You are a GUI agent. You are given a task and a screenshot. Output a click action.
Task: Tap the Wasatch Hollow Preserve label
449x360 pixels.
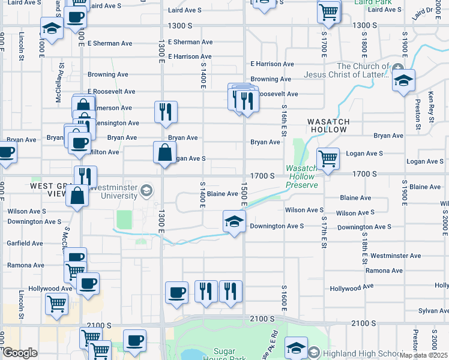pyautogui.click(x=301, y=177)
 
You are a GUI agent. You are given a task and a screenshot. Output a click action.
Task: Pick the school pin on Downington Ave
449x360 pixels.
pyautogui.click(x=234, y=221)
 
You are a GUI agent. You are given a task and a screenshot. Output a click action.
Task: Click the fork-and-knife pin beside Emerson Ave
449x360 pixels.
pyautogui.click(x=166, y=112)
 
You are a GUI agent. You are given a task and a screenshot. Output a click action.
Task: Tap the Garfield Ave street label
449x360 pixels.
pyautogui.click(x=25, y=244)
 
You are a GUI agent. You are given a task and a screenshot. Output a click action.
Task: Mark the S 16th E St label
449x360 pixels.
pyautogui.click(x=283, y=120)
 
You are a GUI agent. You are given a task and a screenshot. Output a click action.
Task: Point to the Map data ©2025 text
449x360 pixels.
pyautogui.click(x=424, y=355)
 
